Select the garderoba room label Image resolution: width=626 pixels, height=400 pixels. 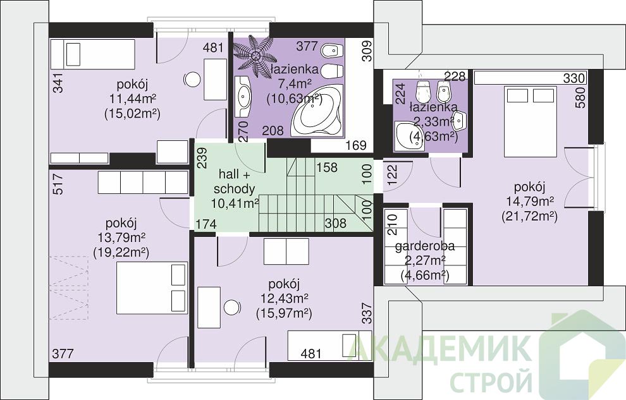pos(425,246)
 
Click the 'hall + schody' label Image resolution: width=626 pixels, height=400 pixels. pos(234,181)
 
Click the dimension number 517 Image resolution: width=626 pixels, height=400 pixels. pos(58,183)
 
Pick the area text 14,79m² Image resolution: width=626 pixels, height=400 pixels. pos(529,202)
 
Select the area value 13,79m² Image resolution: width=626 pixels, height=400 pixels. pos(121,238)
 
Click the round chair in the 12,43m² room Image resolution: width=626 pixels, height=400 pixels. pos(231,308)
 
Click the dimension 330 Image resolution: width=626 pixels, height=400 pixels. pos(574,78)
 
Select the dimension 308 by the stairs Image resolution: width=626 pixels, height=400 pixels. pos(336,223)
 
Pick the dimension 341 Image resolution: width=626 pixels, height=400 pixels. pos(58,83)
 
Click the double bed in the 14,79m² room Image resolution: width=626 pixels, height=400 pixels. pos(530,121)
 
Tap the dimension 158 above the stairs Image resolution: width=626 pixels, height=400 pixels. pos(327,167)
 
